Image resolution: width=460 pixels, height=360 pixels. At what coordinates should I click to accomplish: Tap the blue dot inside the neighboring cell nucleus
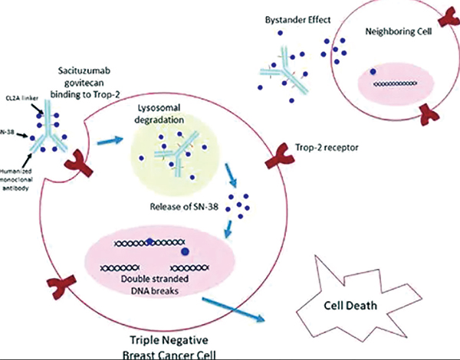[374, 72]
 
